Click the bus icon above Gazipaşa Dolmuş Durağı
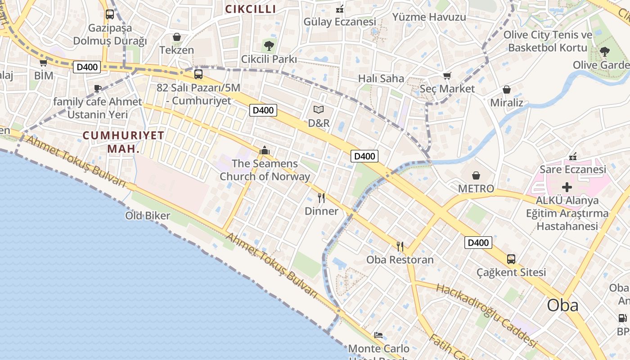tap(110, 14)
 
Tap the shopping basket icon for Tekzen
tap(177, 36)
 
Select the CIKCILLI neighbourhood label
tap(251, 9)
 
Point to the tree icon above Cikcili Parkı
tap(269, 45)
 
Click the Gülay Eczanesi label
tap(340, 22)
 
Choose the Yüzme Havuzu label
tap(429, 17)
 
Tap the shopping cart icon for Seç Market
tap(447, 76)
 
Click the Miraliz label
tap(507, 103)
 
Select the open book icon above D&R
tap(319, 109)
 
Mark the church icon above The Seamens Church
tap(265, 150)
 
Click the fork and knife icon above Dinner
tap(321, 198)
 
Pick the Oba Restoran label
tap(400, 260)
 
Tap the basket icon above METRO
tap(476, 175)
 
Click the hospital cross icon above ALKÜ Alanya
tap(567, 187)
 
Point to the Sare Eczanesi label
tap(573, 170)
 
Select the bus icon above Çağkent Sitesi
tap(511, 259)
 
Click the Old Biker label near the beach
tap(148, 216)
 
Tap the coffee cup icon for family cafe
tap(98, 88)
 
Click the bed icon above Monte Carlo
tap(378, 335)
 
